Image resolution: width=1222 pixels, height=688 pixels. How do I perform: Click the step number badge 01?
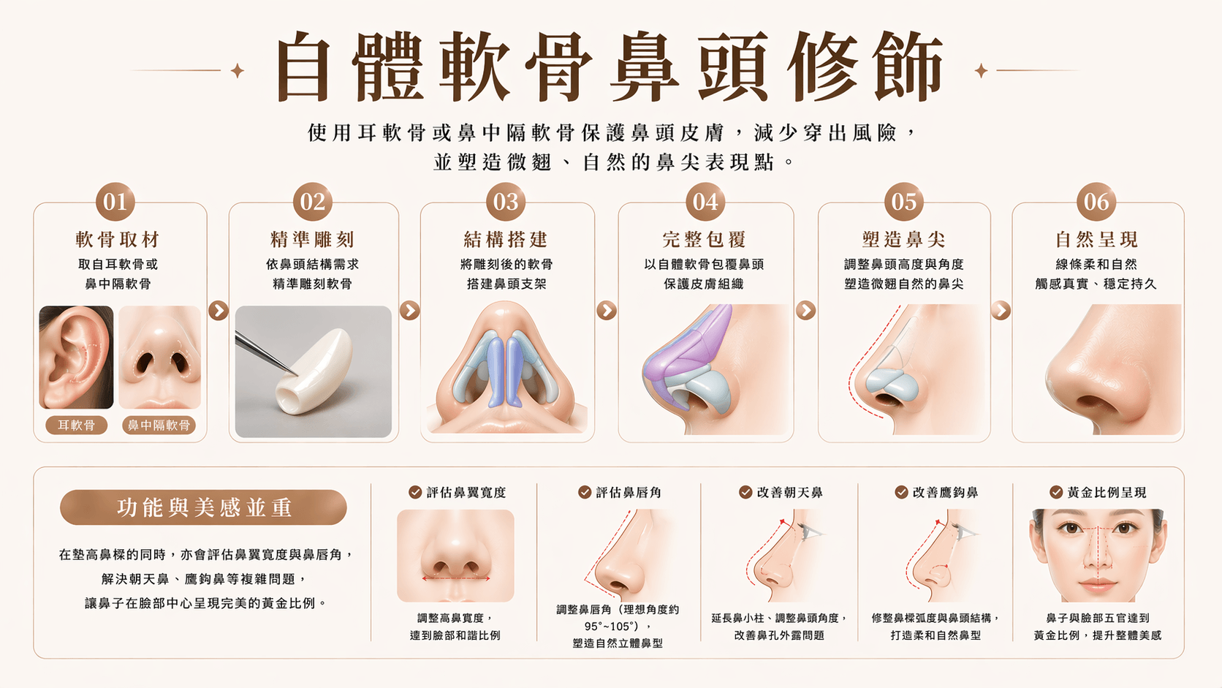point(115,202)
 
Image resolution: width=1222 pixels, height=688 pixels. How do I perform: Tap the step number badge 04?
point(705,202)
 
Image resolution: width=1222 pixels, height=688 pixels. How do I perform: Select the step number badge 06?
point(1096,202)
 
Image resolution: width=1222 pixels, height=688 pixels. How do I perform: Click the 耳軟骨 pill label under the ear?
point(76,425)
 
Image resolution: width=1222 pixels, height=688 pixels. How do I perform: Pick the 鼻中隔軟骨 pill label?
point(159,425)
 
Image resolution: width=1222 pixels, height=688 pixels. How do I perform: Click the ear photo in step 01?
point(76,358)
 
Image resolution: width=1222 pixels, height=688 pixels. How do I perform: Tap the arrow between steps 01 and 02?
point(219,311)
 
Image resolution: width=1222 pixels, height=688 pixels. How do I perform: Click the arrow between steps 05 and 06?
point(1001,311)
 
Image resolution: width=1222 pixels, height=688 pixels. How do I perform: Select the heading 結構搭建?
point(506,240)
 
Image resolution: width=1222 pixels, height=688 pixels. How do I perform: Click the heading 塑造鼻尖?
point(903,240)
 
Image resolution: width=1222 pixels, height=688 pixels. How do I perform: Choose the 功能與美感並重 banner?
point(203,507)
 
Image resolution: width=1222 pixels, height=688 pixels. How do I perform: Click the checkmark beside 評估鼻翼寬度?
point(415,492)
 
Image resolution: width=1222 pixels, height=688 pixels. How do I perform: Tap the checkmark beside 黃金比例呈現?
point(1056,492)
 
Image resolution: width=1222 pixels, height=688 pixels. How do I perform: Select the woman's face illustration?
point(1098,556)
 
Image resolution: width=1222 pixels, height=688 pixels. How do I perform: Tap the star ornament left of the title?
point(238,70)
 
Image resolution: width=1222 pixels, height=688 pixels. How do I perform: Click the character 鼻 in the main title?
point(645,66)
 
